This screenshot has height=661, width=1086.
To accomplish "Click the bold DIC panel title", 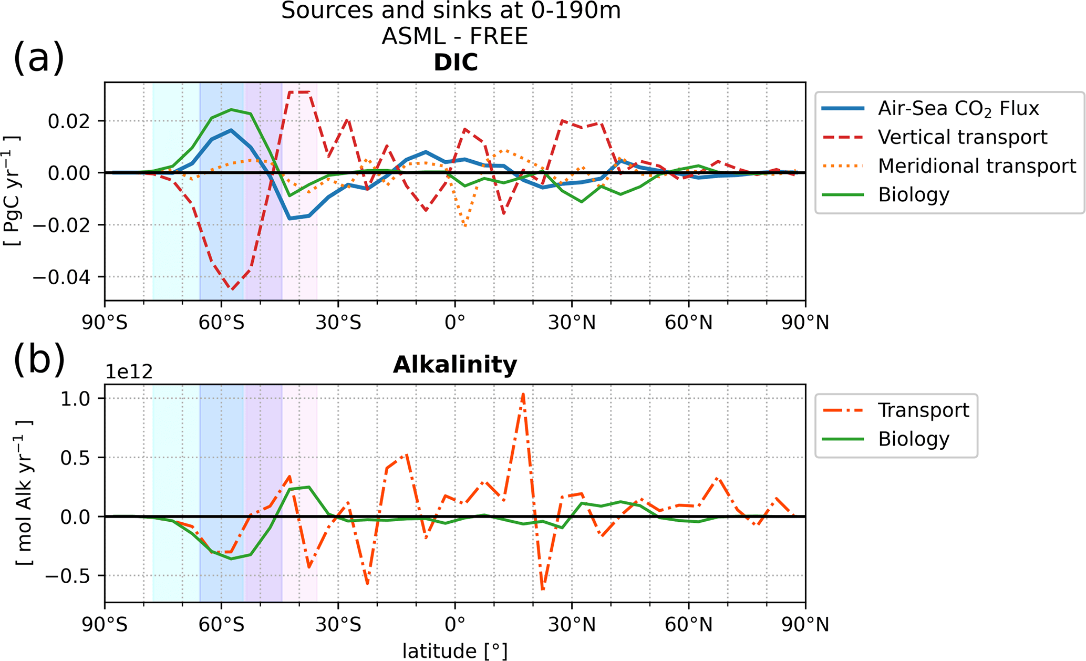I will (x=455, y=63).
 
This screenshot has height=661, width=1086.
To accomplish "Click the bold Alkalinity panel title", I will (x=455, y=365).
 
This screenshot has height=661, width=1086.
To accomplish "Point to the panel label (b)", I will (x=38, y=360).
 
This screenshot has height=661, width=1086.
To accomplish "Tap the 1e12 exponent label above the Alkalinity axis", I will (x=129, y=372).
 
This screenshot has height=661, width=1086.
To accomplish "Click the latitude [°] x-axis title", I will (x=455, y=651).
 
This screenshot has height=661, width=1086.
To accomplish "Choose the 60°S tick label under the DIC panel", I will (x=221, y=323).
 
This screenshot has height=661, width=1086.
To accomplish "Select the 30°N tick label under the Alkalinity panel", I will (x=572, y=625).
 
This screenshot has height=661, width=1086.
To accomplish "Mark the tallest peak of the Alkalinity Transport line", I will (x=523, y=394).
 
